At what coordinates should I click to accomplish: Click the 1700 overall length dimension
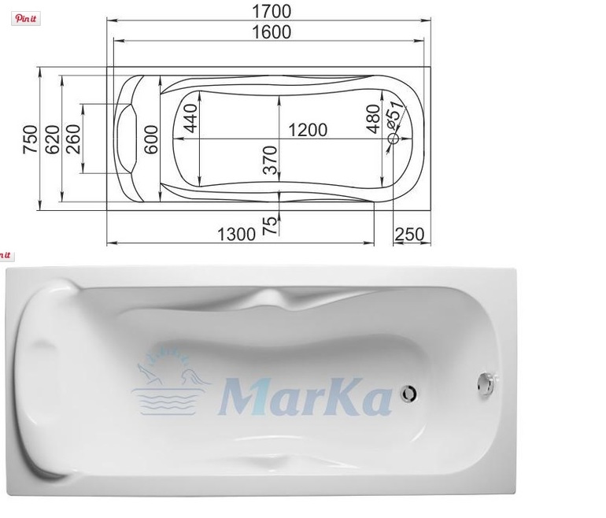(272, 11)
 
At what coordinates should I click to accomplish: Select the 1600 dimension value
(272, 32)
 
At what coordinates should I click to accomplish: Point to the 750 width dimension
(30, 139)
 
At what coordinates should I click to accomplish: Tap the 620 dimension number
(53, 139)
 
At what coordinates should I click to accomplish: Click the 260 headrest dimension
(73, 139)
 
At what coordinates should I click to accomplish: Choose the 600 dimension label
(151, 139)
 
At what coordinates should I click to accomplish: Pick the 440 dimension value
(190, 118)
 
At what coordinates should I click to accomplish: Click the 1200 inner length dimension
(308, 130)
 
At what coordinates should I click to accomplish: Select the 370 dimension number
(270, 160)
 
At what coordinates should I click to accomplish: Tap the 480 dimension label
(373, 119)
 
